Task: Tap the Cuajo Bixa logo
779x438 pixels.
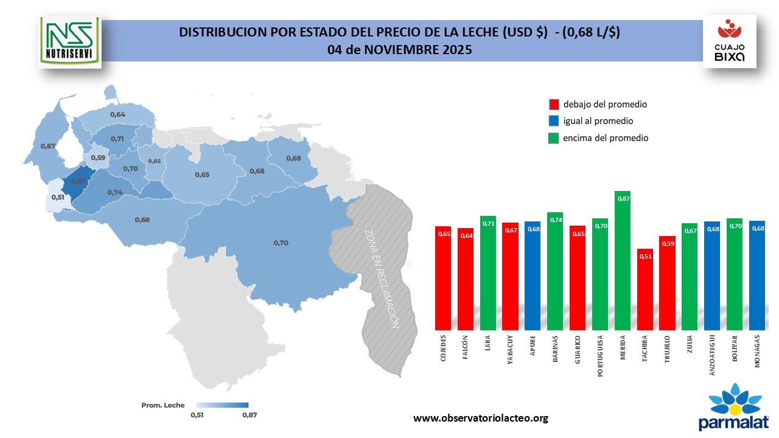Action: (729, 41)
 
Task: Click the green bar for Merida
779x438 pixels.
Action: (623, 260)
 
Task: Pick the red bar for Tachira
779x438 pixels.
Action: (645, 289)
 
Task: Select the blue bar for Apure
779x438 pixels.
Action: (533, 275)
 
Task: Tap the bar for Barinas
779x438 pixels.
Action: (555, 271)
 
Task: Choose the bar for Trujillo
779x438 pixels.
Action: (668, 283)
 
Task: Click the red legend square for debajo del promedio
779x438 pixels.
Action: (554, 104)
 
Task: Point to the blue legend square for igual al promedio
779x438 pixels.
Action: (554, 121)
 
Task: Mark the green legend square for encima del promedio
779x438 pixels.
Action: (554, 138)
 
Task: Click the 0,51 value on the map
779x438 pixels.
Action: (58, 197)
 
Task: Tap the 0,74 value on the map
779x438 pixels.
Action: (114, 192)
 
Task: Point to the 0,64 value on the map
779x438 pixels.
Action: (117, 114)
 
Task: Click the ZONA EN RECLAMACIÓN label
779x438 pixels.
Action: (382, 279)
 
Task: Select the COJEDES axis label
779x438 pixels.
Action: (443, 347)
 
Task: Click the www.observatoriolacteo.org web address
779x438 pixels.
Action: (481, 418)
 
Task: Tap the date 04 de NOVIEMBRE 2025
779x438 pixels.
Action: (399, 50)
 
